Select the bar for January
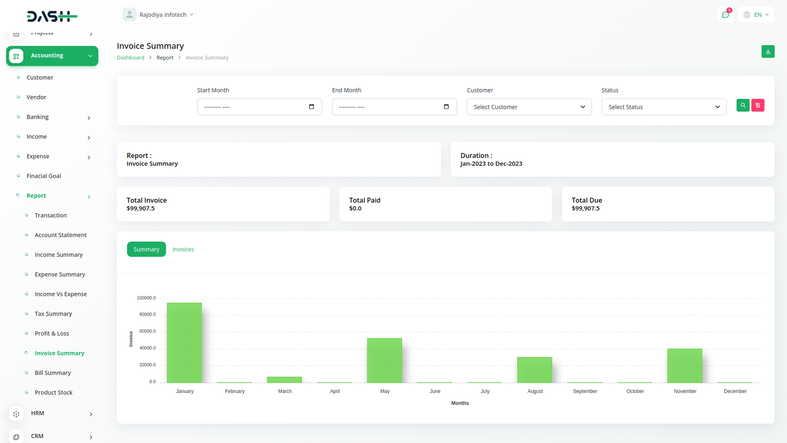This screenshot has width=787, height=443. (x=184, y=343)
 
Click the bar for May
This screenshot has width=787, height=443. (x=385, y=360)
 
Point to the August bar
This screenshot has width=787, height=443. (x=535, y=370)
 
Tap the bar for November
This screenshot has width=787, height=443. (x=685, y=365)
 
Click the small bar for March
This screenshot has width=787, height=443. (x=284, y=380)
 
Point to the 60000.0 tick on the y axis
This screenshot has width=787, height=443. (x=147, y=331)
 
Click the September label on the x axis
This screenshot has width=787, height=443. (x=585, y=391)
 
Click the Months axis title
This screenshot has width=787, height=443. (x=460, y=403)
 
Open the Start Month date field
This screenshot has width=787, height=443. (x=259, y=107)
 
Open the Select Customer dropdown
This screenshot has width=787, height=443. (x=529, y=107)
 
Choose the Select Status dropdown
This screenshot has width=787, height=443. (x=664, y=107)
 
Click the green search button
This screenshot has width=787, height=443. (x=743, y=105)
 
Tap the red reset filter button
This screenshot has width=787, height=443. (x=758, y=105)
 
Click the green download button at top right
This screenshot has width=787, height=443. (x=768, y=52)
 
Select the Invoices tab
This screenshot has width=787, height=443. (x=183, y=250)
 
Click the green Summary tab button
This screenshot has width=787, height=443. (x=147, y=250)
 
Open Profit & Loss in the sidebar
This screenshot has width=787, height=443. (x=52, y=333)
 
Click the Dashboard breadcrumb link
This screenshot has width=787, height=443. (x=130, y=58)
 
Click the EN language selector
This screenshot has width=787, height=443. (x=757, y=15)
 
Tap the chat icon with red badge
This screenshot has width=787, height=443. (x=726, y=15)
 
